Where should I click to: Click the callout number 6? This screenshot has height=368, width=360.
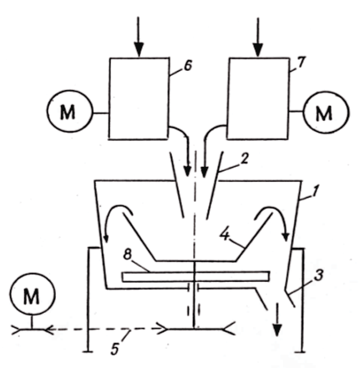click(188, 66)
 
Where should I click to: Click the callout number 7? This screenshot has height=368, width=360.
click(301, 63)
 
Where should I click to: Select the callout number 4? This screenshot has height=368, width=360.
click(226, 235)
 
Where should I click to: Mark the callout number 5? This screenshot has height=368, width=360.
click(115, 347)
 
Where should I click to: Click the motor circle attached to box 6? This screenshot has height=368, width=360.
click(69, 111)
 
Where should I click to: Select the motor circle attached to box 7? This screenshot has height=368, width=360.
click(326, 113)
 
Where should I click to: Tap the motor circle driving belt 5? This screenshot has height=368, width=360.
click(33, 294)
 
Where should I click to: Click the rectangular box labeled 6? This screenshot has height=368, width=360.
click(139, 98)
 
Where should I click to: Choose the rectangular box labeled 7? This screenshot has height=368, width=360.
click(258, 98)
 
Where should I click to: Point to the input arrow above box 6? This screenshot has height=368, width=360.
click(139, 38)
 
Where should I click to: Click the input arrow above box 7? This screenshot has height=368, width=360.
click(258, 38)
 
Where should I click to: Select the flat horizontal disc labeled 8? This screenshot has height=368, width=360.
click(196, 276)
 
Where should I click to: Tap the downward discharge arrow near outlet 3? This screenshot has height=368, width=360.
click(277, 320)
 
